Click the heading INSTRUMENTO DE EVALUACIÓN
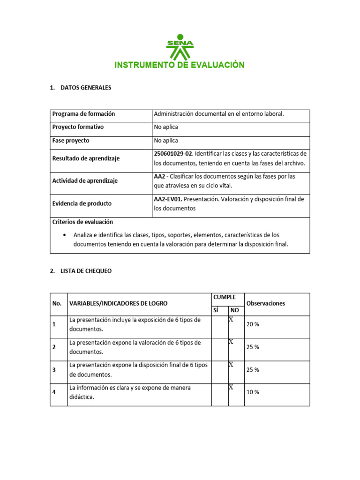[180, 65]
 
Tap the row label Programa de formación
[83, 114]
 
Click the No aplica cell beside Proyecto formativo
[166, 127]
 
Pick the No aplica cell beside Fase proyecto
[166, 141]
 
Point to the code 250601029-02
[173, 154]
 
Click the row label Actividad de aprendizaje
[85, 181]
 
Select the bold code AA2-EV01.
[168, 199]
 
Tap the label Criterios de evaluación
[82, 222]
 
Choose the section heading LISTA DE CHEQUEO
[86, 271]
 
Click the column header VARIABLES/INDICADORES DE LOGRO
[118, 303]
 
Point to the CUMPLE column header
[225, 298]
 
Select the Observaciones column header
[265, 303]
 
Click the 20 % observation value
[253, 325]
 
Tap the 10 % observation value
[253, 392]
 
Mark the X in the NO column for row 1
[231, 319]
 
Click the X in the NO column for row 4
[231, 387]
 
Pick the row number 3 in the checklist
[54, 370]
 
